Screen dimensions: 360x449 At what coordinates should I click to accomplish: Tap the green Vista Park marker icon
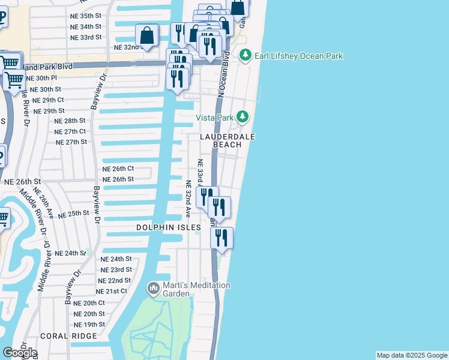pos(242,117)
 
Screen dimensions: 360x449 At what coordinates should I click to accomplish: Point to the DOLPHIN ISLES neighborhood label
pos(168,227)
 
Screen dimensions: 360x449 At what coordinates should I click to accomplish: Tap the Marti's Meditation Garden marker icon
pos(153,289)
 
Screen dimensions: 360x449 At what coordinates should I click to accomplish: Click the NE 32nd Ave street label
pos(188,199)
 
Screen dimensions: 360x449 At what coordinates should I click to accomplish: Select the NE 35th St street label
pos(86,16)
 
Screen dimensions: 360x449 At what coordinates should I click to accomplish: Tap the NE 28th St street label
pos(70,121)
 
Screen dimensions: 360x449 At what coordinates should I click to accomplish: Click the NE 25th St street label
pos(74,213)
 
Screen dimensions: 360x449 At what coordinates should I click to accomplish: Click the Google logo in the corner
pos(20,353)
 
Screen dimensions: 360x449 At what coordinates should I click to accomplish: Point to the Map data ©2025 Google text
pos(411,355)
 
